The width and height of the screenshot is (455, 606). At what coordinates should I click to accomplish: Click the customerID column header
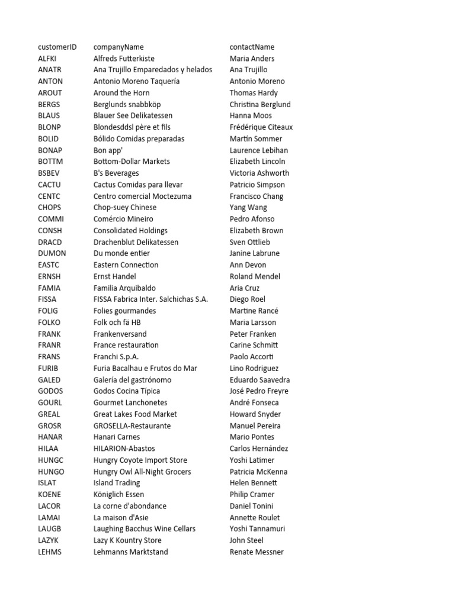coord(57,47)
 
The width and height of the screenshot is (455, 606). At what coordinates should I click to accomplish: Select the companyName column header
coord(118,47)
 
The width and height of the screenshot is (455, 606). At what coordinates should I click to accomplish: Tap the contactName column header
coord(252,47)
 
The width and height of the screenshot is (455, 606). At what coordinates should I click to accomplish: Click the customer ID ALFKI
coord(47,59)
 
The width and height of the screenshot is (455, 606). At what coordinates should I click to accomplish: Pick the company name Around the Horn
coord(121,93)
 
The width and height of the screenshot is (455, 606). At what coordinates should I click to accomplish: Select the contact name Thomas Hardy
coord(254,93)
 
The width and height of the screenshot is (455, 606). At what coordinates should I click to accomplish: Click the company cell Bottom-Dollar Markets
coord(132,162)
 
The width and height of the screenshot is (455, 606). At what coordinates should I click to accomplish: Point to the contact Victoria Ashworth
coord(259,173)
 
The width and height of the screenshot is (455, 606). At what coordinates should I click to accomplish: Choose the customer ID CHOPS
coord(49,208)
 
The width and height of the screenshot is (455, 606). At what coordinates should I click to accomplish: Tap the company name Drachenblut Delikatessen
coord(136,242)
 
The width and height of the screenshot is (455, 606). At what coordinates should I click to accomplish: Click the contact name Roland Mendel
coord(255,276)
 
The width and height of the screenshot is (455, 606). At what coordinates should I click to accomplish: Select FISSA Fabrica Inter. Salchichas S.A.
coord(150,299)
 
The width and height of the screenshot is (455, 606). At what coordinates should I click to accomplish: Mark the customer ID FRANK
coord(49,334)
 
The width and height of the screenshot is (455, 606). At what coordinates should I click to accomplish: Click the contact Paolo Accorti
coord(252,357)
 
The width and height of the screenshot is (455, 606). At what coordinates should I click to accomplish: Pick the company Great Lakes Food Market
coord(135,414)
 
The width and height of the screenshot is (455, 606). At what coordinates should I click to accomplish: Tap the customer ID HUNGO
coord(51,472)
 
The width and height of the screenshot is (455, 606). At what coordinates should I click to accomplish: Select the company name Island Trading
coord(117,483)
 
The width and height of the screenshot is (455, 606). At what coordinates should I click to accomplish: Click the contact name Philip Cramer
coord(252,494)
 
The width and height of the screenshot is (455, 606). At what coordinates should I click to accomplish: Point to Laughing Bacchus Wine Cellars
coord(145,528)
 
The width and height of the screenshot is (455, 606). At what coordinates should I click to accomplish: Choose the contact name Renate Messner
coord(257,552)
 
